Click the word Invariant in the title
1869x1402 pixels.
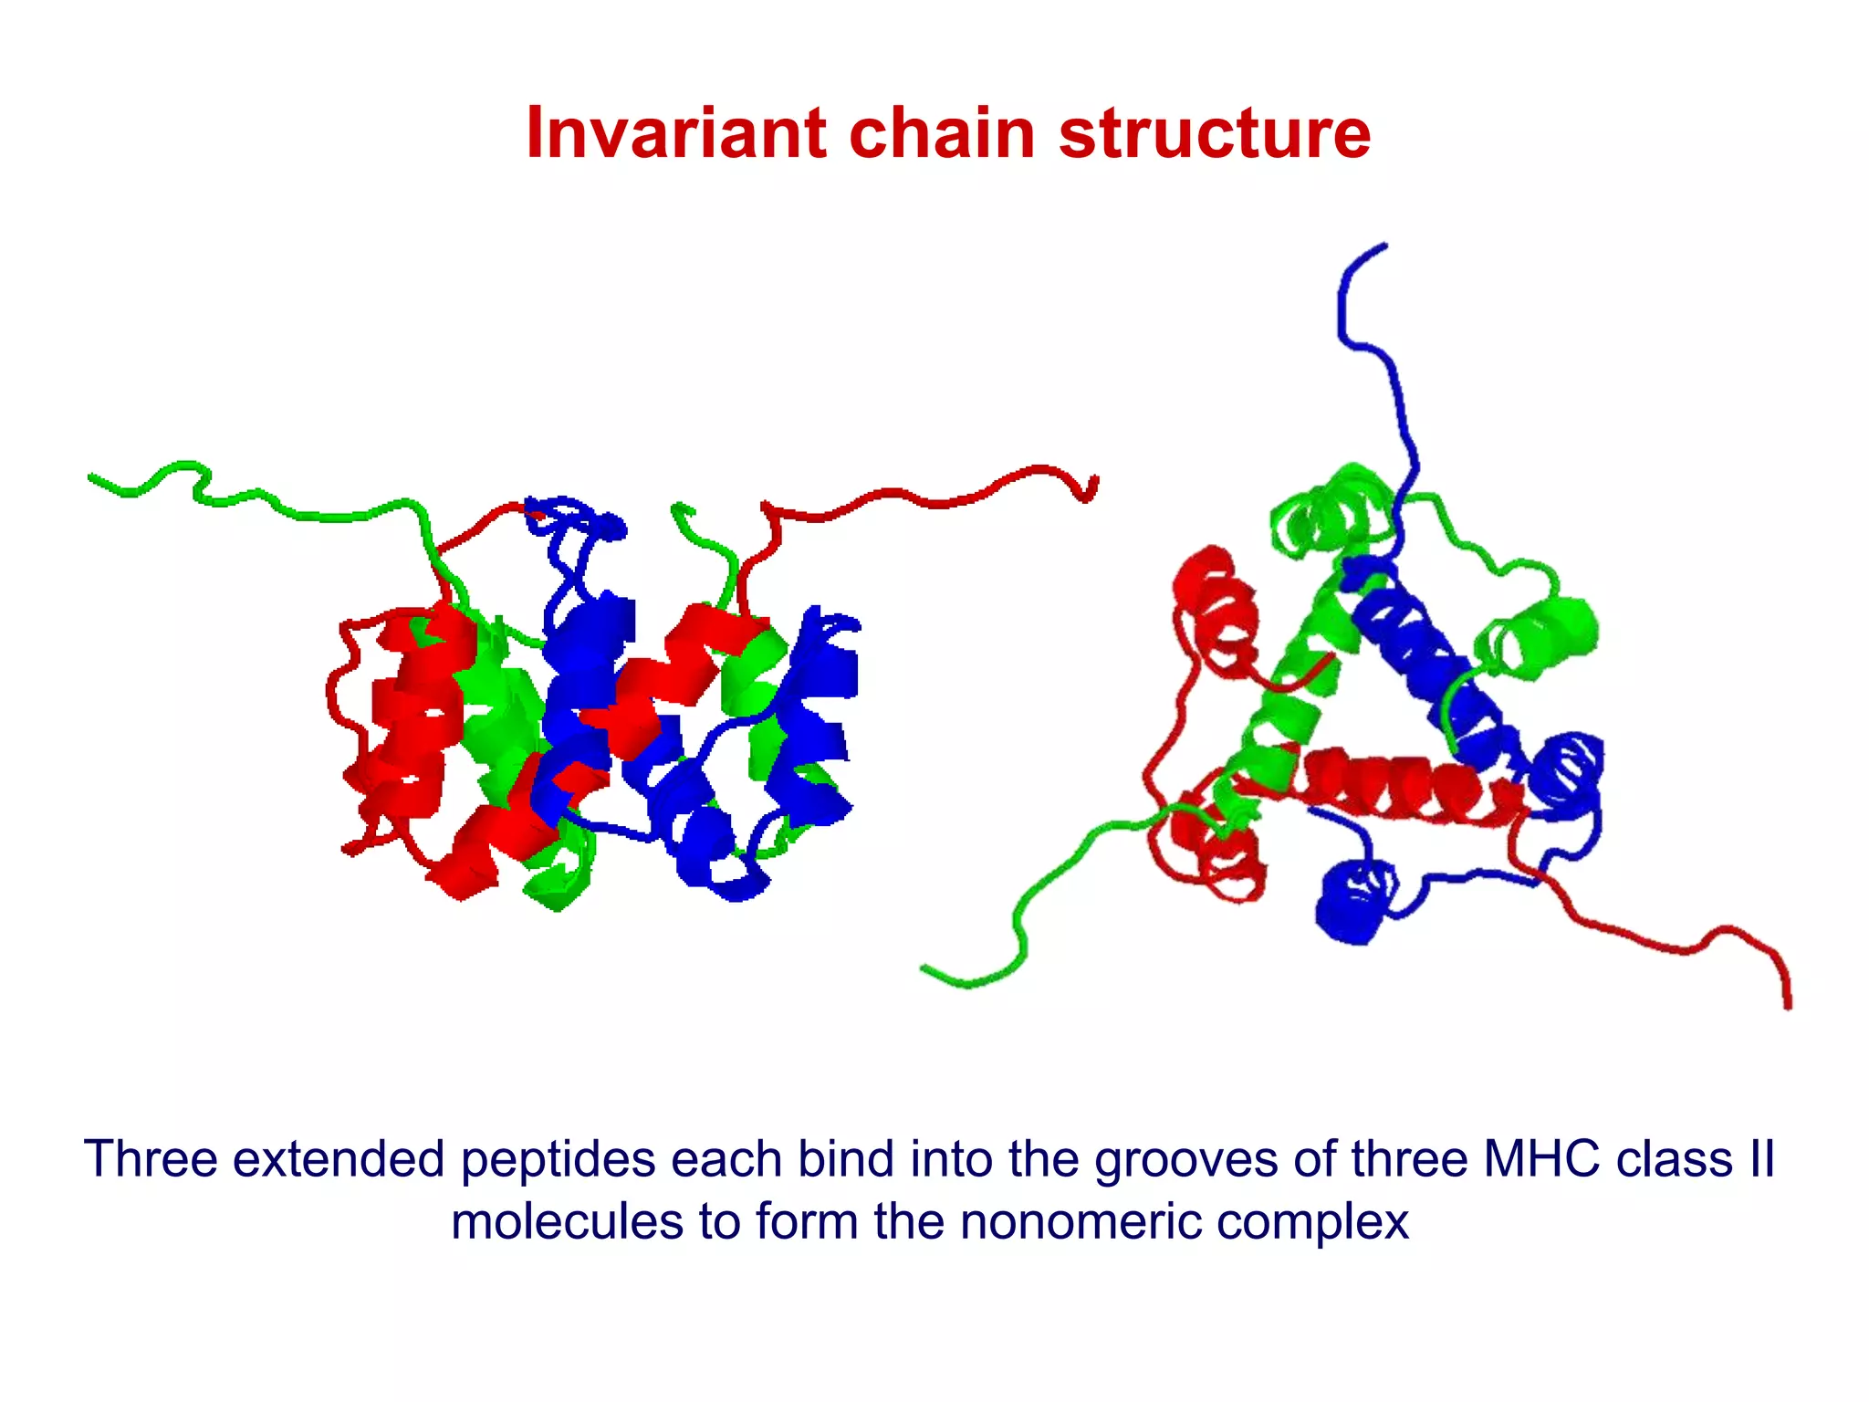(x=676, y=133)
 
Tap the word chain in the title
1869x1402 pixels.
(x=942, y=133)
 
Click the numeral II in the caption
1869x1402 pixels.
(x=1762, y=1159)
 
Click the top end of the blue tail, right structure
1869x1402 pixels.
(x=1383, y=246)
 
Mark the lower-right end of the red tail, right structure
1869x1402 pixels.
(x=1787, y=1006)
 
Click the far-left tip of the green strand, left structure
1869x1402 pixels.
(x=91, y=476)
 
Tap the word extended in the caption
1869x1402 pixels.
(x=339, y=1159)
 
